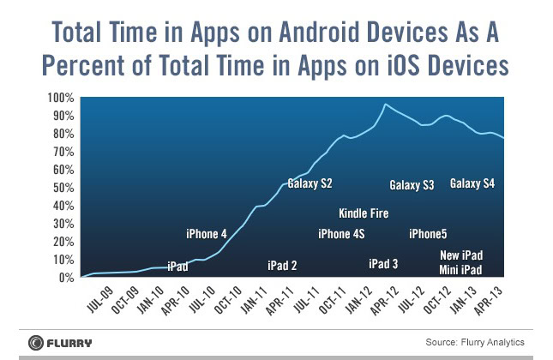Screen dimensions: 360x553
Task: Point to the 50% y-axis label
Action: coord(56,188)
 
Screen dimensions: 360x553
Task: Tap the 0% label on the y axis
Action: coord(59,278)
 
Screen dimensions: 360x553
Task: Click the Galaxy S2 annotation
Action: coord(310,183)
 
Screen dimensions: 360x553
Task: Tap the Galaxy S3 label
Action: coord(412,185)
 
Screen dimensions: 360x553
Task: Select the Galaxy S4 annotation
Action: coord(472,183)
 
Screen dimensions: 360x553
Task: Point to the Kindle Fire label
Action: coord(364,213)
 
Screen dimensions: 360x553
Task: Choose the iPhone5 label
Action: coord(428,234)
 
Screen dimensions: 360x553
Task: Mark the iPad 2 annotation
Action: coord(282,266)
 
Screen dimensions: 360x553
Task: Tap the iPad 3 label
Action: coord(382,264)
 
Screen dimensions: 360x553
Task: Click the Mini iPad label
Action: coord(460,270)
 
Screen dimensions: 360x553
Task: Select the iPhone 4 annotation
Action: coord(207,234)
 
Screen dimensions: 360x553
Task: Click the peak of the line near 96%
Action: coord(386,105)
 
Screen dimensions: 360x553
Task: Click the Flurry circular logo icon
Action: coord(35,341)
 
